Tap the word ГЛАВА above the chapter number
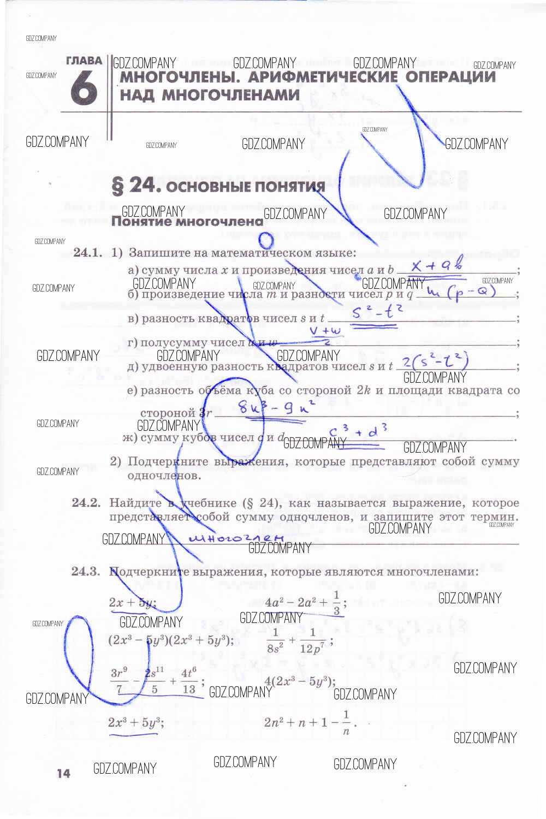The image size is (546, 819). [x=84, y=61]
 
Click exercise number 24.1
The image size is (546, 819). [x=87, y=252]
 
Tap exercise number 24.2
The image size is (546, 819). [x=86, y=502]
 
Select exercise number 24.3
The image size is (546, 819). [x=86, y=571]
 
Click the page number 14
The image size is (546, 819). [x=63, y=773]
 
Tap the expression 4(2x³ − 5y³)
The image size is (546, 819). [x=300, y=681]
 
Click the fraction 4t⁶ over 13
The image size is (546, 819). [x=189, y=681]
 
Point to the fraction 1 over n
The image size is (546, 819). [x=346, y=723]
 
